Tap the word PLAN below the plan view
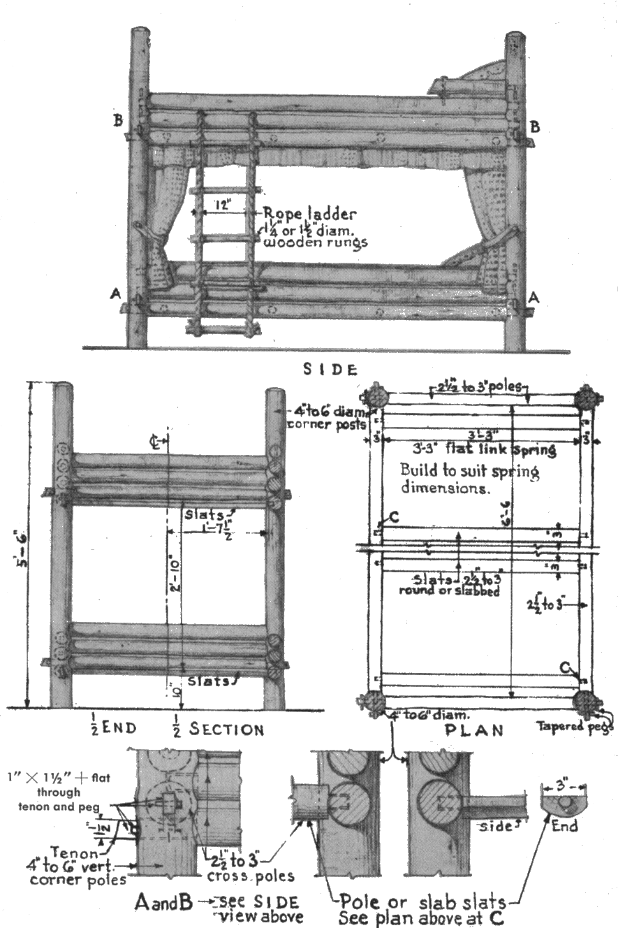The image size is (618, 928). coord(483,731)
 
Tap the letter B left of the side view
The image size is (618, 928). coord(118,120)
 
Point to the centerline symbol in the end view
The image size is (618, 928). coord(161,441)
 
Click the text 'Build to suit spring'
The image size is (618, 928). coord(470,472)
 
